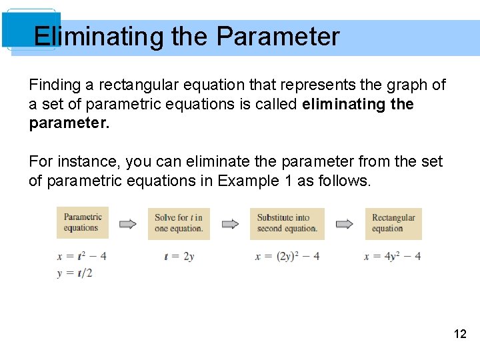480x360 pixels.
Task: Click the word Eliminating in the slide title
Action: [99, 37]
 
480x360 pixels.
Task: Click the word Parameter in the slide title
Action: [278, 37]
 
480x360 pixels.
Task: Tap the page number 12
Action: [460, 334]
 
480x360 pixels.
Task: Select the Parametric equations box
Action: [82, 223]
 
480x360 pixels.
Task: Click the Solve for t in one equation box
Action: [178, 223]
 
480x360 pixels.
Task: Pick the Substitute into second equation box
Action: [287, 223]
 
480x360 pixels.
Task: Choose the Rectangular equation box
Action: [393, 223]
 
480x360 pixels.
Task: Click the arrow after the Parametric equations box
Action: [127, 224]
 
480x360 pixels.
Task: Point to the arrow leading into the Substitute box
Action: [230, 224]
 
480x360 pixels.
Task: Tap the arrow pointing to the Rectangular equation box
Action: [345, 224]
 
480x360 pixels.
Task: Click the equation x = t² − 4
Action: [82, 256]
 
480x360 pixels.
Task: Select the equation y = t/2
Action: [75, 273]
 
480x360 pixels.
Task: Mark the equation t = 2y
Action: [179, 257]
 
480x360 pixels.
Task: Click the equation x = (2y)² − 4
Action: [287, 257]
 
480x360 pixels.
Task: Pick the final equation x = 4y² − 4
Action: [392, 257]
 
